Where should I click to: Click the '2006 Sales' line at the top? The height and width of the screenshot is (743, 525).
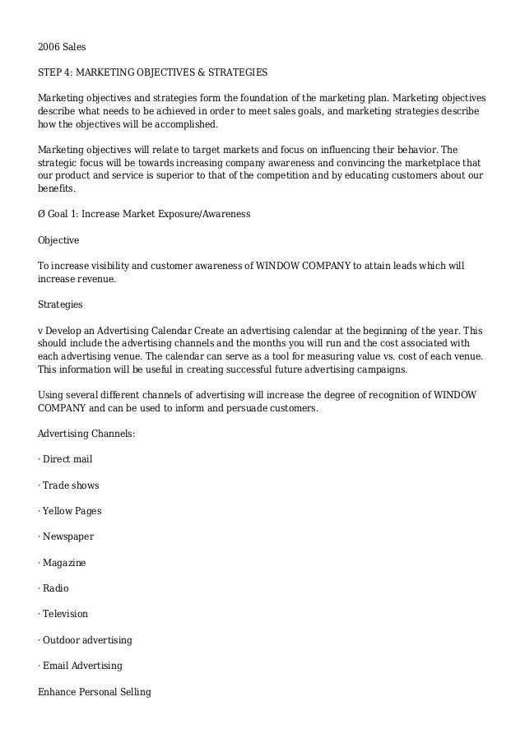(62, 47)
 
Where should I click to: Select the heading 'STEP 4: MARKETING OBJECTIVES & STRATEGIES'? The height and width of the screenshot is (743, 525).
(153, 72)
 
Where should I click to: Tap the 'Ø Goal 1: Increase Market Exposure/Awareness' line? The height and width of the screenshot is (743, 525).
(144, 214)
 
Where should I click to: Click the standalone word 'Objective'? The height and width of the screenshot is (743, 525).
(59, 240)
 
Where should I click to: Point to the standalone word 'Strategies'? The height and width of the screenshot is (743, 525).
(61, 304)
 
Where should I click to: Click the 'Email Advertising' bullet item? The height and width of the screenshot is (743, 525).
(82, 665)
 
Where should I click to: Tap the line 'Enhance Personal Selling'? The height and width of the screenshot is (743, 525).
(95, 692)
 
